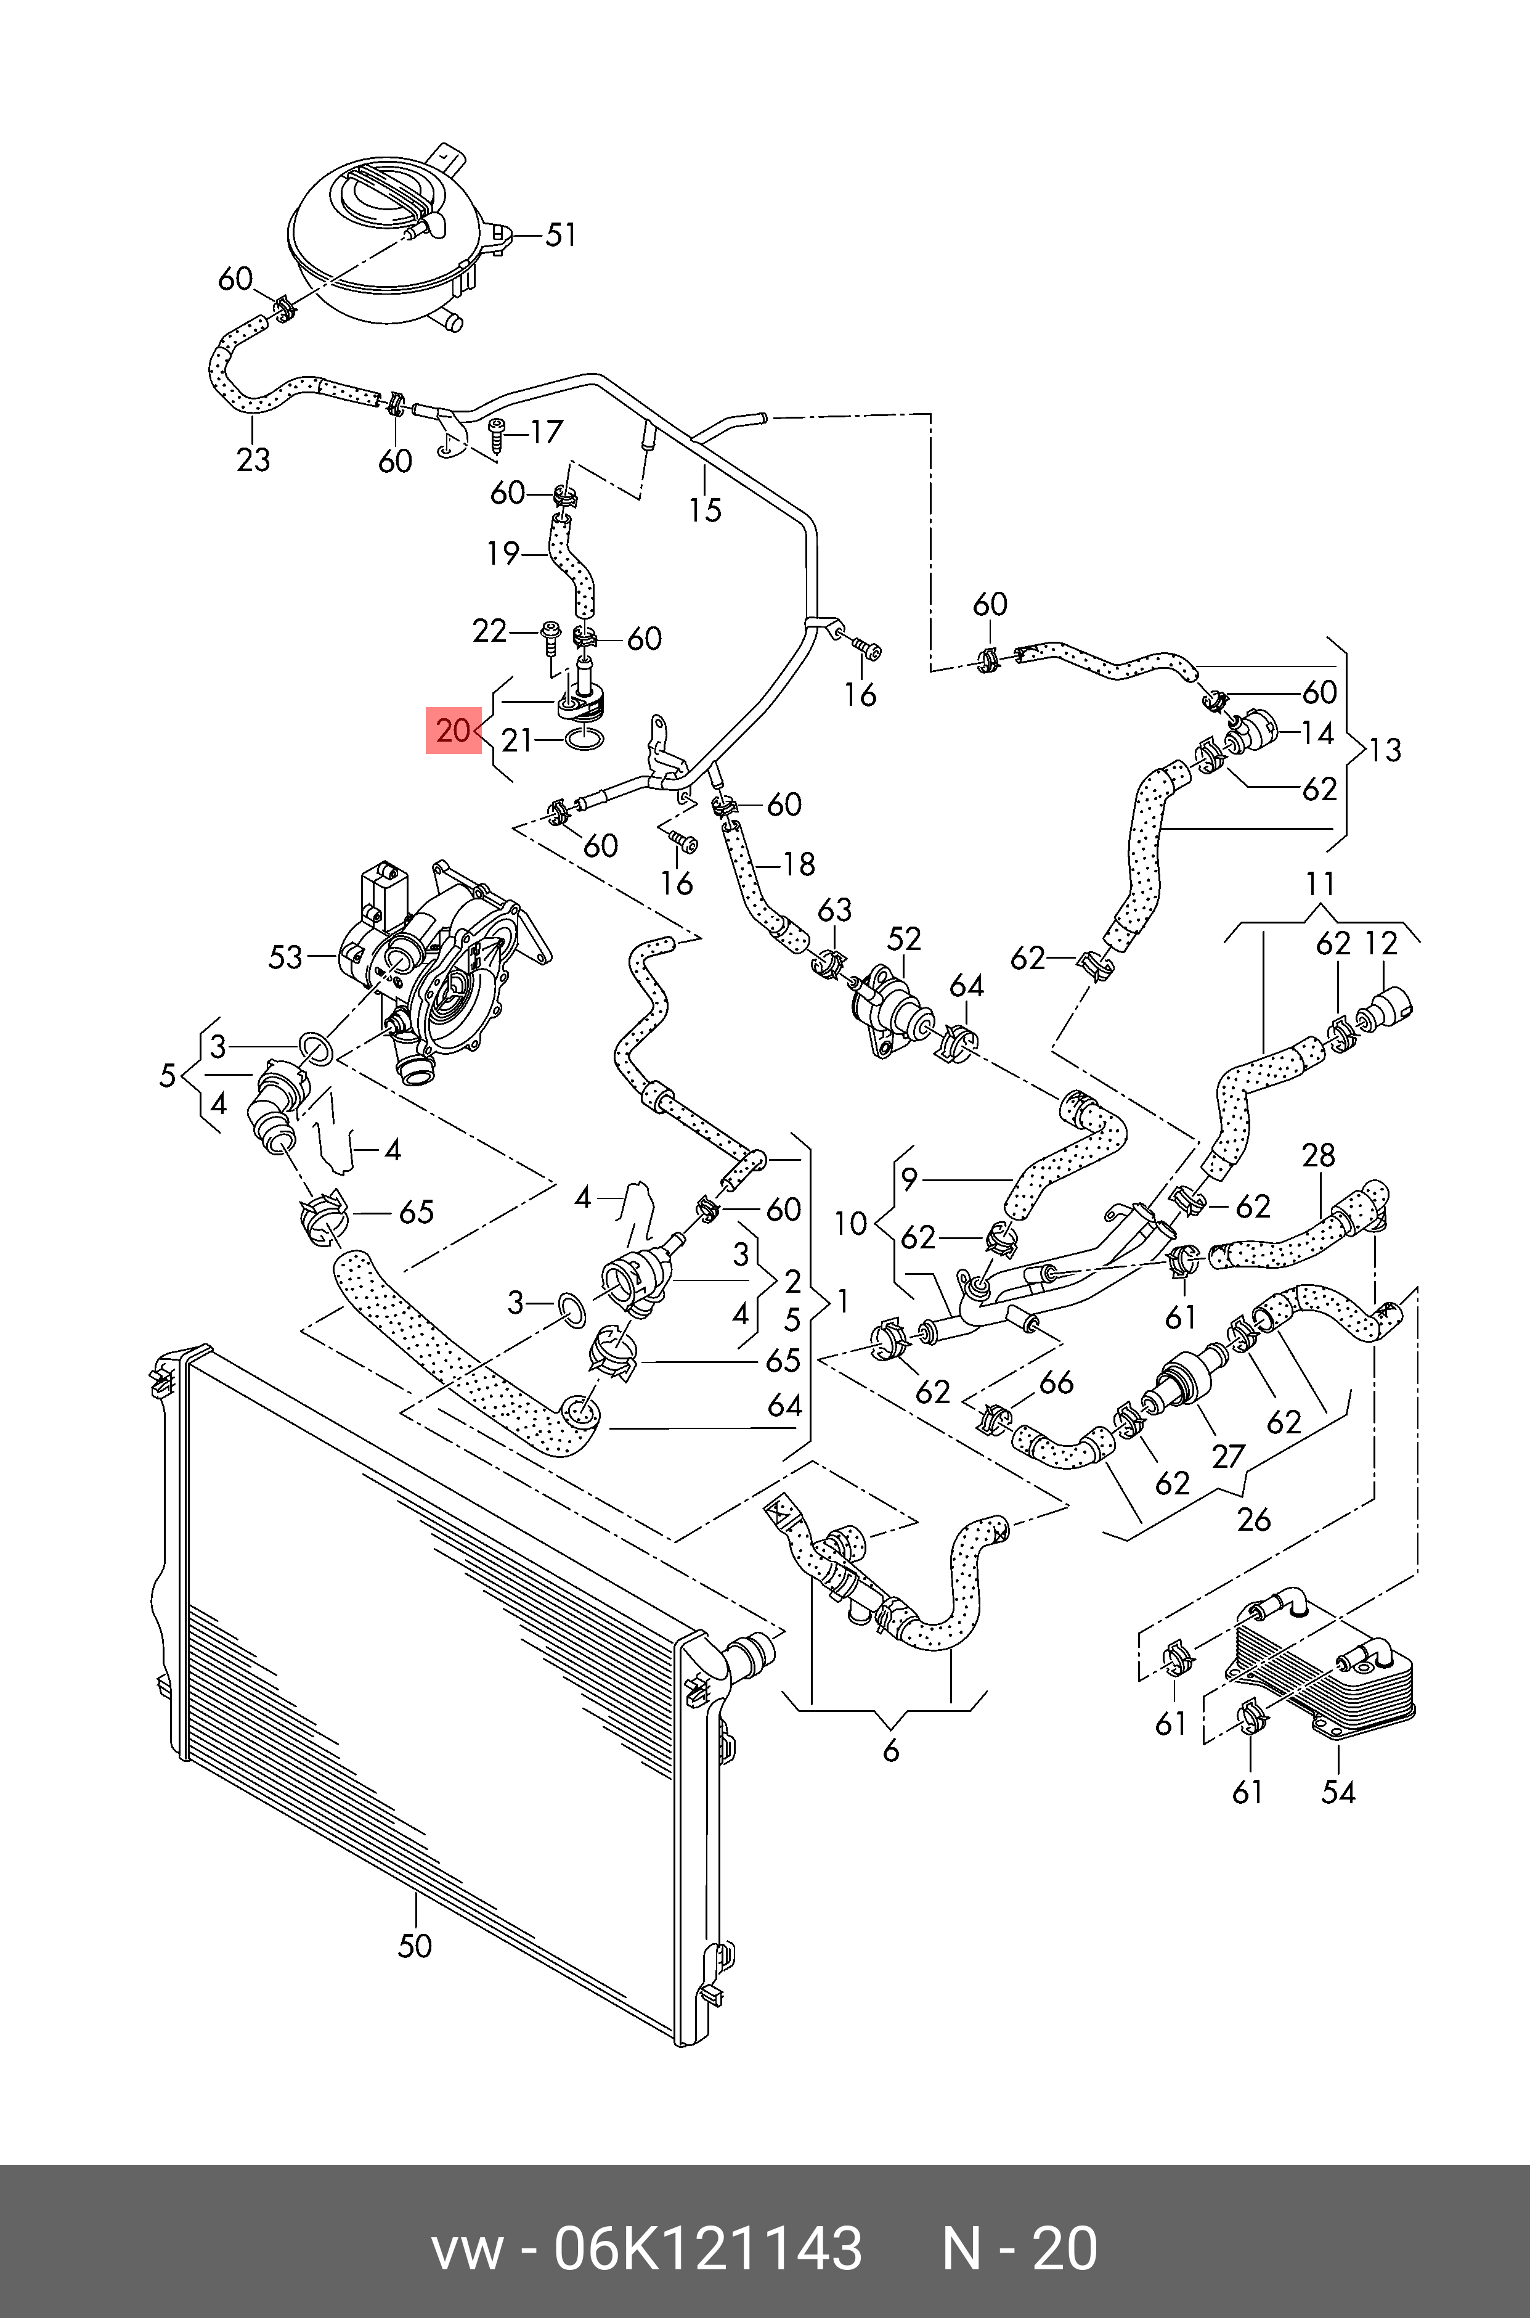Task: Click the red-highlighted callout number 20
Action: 454,730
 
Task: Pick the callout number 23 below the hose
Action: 253,458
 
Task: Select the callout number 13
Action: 1385,750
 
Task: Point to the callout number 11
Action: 1320,884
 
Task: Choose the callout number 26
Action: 1254,1518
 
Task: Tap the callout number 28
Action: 1318,1155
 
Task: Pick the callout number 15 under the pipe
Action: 704,509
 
